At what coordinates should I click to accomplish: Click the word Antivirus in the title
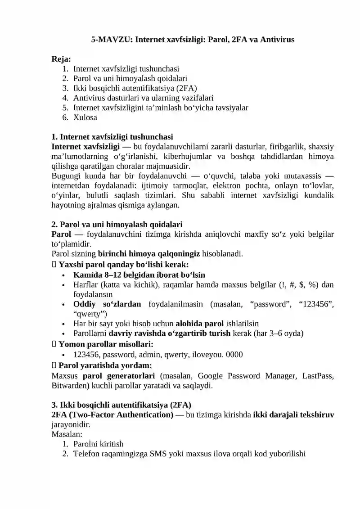[276, 40]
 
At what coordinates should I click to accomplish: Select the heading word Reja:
[61, 59]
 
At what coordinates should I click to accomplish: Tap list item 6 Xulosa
[85, 117]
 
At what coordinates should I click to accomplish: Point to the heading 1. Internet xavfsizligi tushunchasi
[112, 137]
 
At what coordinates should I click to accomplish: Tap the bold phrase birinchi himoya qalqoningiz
[148, 254]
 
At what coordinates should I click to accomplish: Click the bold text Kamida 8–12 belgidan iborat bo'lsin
[139, 275]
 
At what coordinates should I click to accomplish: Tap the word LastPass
[317, 376]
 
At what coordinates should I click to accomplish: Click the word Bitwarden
[70, 386]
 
